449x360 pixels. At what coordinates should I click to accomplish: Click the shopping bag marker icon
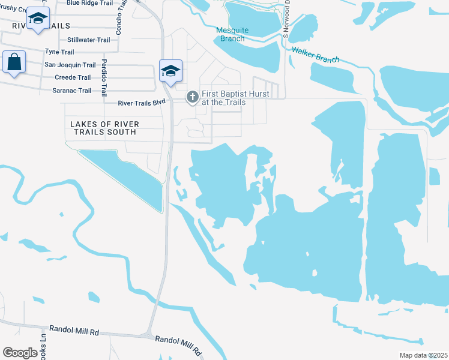coord(14,62)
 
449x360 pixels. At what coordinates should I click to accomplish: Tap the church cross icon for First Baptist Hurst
coord(193,96)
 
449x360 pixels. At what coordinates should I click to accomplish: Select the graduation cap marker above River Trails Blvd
coord(170,71)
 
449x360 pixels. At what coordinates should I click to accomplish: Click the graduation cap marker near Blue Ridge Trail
coord(38,20)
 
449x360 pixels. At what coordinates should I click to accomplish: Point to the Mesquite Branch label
coord(231,34)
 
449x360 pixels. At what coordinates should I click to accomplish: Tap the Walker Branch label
coord(315,55)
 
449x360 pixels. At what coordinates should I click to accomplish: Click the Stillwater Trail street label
coord(89,40)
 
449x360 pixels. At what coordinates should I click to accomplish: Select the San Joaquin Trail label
coord(70,65)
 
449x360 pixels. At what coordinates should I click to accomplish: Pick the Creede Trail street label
coord(73,77)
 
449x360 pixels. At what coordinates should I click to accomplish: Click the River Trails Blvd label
coord(142,103)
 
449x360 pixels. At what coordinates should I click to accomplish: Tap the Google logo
coord(20,352)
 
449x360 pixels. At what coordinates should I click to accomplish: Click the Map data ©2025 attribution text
coord(423,355)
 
